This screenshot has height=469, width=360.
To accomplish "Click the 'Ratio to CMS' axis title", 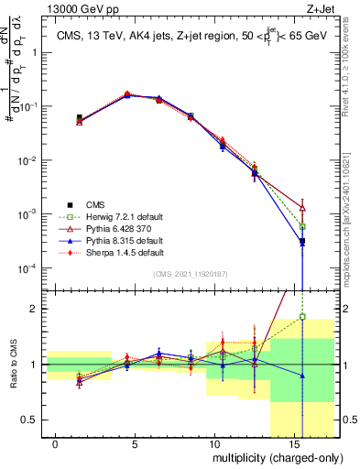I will coord(13,365).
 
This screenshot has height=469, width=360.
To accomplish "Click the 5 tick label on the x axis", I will coord(135,444).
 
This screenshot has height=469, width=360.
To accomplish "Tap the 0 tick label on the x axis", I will coord(56,444).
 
